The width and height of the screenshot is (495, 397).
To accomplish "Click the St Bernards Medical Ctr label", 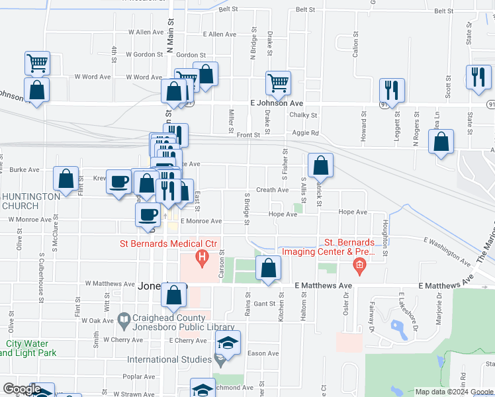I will pyautogui.click(x=168, y=243).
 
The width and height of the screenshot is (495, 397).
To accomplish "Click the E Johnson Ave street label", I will pyautogui.click(x=277, y=103).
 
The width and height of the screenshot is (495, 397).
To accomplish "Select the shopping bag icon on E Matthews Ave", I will pyautogui.click(x=268, y=269).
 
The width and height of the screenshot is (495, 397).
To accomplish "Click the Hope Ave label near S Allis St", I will pyautogui.click(x=283, y=214).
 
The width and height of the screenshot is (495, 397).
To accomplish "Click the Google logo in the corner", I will pyautogui.click(x=21, y=389).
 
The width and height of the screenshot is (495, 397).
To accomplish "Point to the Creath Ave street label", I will pyautogui.click(x=272, y=190).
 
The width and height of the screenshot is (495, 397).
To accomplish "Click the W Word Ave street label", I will pyautogui.click(x=92, y=77).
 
